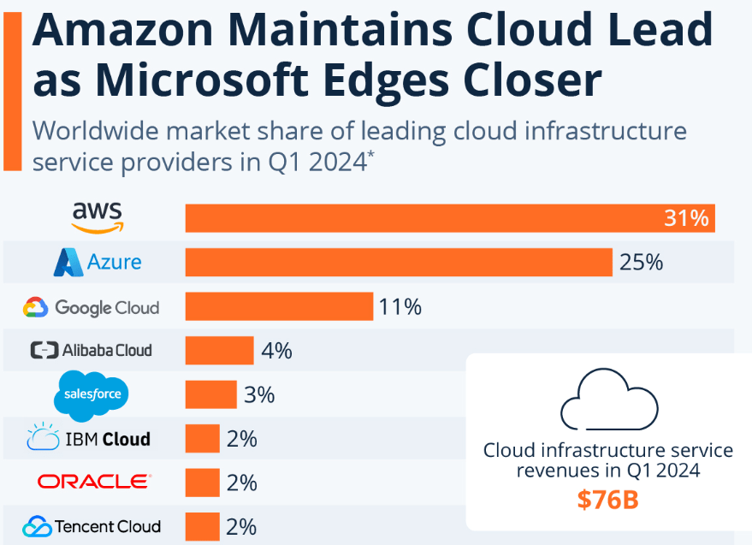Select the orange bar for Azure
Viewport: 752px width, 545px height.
(399, 262)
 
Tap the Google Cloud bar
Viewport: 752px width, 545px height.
(279, 306)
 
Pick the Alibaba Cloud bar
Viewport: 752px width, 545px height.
(220, 350)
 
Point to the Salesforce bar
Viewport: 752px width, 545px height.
(211, 394)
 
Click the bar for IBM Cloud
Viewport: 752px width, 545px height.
(203, 439)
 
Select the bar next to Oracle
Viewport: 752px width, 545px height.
(203, 483)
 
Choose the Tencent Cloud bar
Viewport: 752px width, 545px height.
(203, 526)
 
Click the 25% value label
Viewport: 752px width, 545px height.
(642, 262)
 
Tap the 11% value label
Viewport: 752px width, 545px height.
(400, 306)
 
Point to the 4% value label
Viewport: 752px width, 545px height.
(277, 350)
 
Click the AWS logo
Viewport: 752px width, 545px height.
(97, 218)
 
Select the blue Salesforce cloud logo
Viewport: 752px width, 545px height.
(92, 395)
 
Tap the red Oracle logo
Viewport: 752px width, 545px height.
(94, 483)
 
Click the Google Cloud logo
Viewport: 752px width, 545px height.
(92, 306)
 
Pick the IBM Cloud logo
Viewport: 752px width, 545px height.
(89, 439)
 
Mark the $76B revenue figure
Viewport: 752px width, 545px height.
(607, 500)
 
